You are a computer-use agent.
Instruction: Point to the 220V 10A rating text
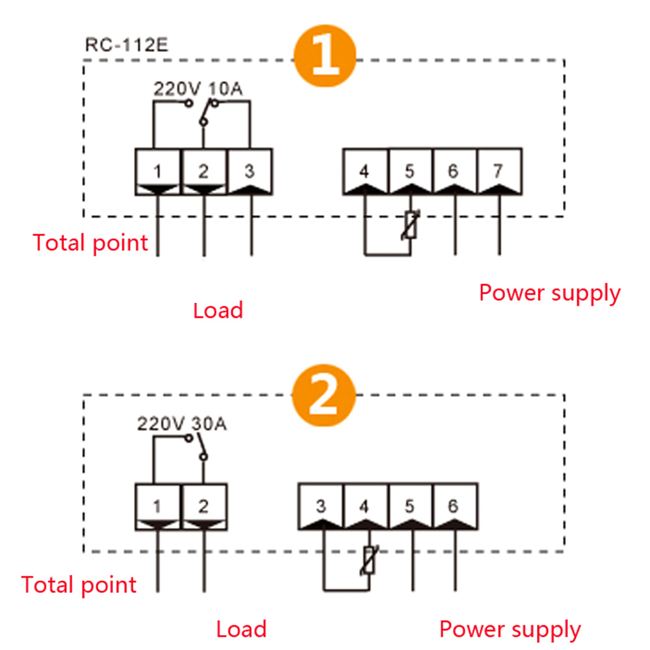pos(198,89)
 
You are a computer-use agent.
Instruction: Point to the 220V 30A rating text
pos(181,424)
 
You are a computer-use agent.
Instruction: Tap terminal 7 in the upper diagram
pos(499,172)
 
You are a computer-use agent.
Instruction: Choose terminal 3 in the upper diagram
pos(250,172)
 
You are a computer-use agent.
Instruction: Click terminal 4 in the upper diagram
pos(365,172)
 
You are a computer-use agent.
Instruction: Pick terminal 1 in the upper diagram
pos(158,172)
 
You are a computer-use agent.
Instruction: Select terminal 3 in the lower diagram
pos(320,506)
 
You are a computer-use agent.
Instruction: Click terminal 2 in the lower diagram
pos(203,506)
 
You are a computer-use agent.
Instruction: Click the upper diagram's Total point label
pos(91,243)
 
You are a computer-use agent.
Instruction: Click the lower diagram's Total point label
pos(79,584)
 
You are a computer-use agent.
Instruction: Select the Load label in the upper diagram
pos(218,310)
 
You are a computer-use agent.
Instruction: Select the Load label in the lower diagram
pos(241,629)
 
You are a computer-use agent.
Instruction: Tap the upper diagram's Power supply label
pos(550,292)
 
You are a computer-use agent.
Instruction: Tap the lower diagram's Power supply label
pos(510,629)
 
